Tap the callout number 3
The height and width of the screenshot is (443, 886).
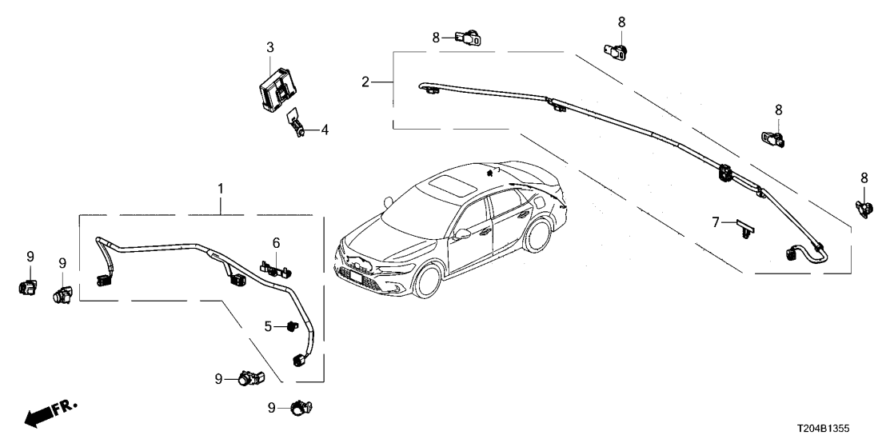270,46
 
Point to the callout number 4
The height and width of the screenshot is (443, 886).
325,129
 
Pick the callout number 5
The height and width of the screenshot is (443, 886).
269,326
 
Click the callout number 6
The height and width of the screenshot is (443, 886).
276,242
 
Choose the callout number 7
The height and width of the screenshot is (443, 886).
717,221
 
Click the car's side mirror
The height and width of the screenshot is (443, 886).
462,234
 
